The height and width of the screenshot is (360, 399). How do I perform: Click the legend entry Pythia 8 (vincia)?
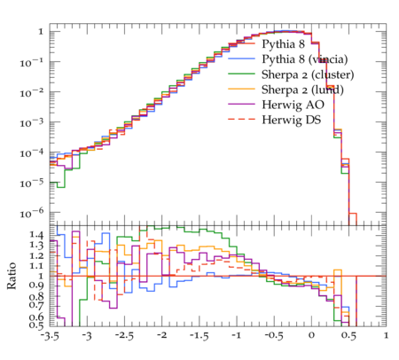click(305, 59)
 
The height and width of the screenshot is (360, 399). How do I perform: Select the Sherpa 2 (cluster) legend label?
click(308, 74)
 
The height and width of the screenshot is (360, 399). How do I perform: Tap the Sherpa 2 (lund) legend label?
click(302, 90)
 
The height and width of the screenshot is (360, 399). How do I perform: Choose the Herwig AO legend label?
click(293, 105)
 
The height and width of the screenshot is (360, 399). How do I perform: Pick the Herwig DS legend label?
click(292, 120)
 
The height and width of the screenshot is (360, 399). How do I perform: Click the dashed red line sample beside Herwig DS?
click(241, 119)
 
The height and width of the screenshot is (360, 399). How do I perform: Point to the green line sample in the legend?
click(241, 74)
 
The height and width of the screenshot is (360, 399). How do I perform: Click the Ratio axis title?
click(12, 276)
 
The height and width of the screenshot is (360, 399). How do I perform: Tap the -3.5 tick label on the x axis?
click(50, 336)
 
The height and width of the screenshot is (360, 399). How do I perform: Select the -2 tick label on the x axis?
click(161, 335)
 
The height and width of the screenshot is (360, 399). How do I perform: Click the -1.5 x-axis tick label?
click(199, 336)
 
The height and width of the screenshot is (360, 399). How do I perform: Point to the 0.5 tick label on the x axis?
click(348, 336)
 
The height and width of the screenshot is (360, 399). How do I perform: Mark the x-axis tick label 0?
click(311, 335)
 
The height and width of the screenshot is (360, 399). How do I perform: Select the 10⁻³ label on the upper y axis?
click(32, 122)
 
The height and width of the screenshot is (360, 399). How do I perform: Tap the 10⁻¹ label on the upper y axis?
click(32, 62)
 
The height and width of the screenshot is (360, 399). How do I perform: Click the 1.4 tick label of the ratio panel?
click(37, 235)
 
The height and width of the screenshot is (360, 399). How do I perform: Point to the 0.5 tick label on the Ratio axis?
click(37, 325)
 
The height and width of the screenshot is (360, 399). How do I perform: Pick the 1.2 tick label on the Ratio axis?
click(37, 255)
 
